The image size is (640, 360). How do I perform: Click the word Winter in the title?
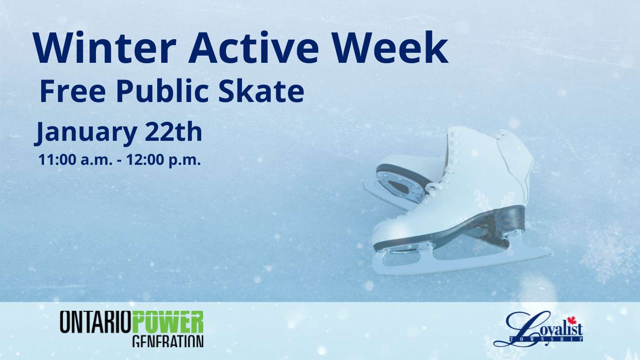point(104,48)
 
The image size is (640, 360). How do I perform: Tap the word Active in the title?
point(253,48)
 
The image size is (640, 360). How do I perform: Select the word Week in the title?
point(390,48)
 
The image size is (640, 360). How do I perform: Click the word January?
point(86,132)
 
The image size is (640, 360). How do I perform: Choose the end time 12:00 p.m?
point(164,160)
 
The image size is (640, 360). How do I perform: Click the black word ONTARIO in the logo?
point(96,322)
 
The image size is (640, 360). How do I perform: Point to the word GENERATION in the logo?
point(168,341)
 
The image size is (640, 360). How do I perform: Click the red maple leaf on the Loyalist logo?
point(572,320)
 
